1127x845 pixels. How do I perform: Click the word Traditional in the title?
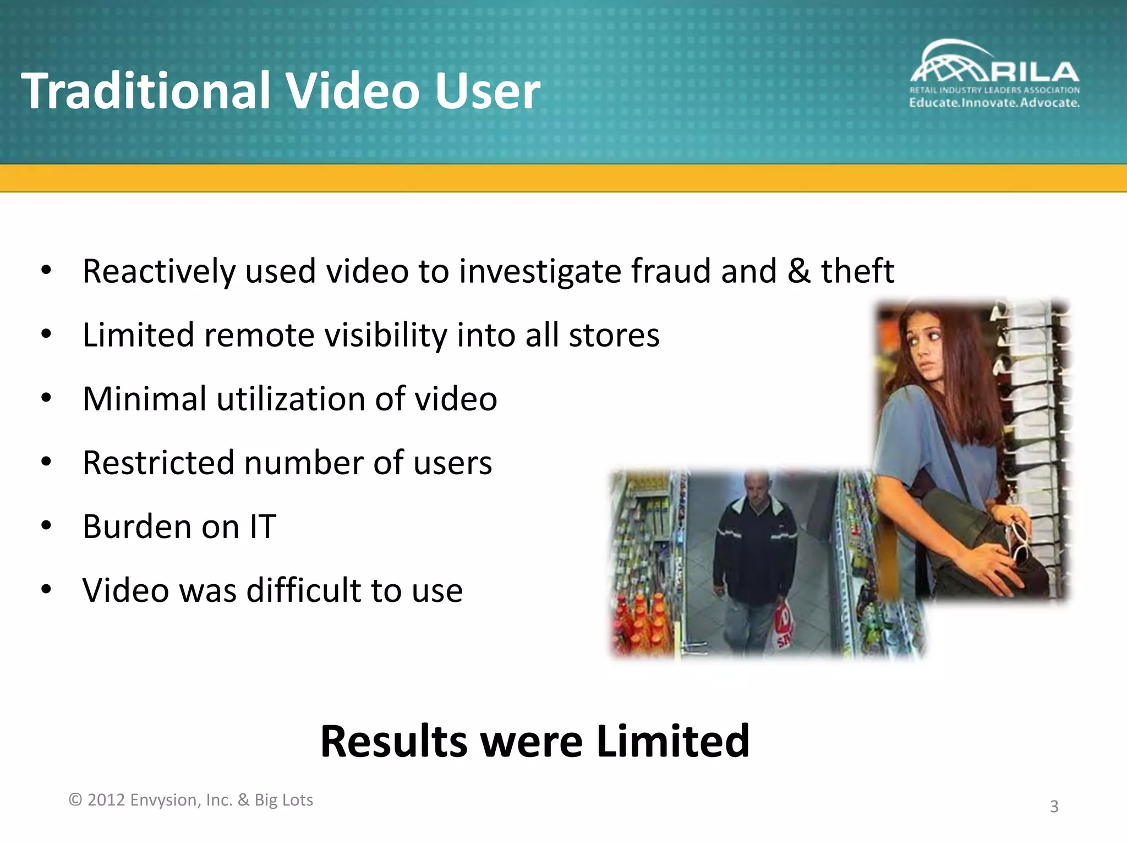146,91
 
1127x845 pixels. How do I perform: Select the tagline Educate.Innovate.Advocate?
994,103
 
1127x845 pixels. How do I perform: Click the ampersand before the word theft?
798,271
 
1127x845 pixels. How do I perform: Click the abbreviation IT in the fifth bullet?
262,526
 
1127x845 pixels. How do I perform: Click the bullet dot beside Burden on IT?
46,526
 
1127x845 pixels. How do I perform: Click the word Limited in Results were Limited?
672,742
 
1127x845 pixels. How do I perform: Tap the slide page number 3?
1054,806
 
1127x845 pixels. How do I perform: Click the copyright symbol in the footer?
75,800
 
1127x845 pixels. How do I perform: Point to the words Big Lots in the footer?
283,800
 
